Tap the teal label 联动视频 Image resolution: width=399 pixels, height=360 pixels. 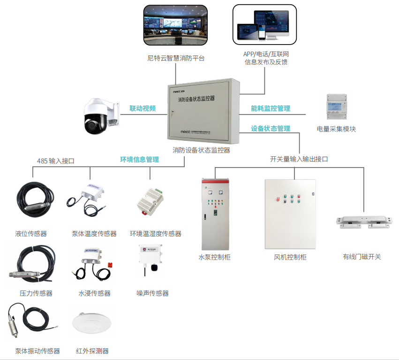click(x=143, y=108)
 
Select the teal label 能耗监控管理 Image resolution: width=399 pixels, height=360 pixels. click(x=271, y=108)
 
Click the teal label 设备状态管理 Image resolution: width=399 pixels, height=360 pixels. click(x=271, y=129)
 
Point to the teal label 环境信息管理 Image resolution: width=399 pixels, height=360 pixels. click(x=139, y=160)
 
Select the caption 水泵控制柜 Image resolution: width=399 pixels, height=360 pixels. click(x=215, y=257)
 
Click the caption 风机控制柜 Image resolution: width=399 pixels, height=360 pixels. click(x=290, y=257)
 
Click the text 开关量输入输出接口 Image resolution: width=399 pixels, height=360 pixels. click(x=299, y=159)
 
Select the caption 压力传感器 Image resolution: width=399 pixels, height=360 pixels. click(x=36, y=293)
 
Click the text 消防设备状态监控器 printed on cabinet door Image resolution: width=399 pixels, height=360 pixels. click(x=196, y=99)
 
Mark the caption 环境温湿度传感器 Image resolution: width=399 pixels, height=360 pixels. click(x=156, y=234)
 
